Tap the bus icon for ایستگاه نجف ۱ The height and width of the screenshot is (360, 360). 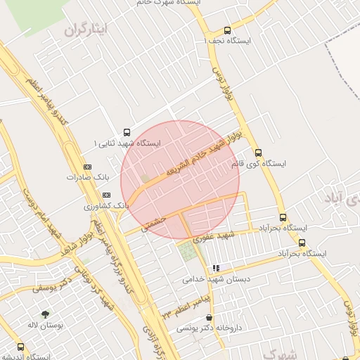pyautogui.click(x=226, y=30)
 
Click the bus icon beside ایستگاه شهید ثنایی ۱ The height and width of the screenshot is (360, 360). pyautogui.click(x=127, y=131)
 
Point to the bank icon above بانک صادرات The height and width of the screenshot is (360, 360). pyautogui.click(x=87, y=167)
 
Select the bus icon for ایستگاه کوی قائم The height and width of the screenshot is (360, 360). pyautogui.click(x=258, y=152)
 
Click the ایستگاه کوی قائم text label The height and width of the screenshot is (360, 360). pyautogui.click(x=258, y=164)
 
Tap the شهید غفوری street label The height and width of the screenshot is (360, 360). pyautogui.click(x=225, y=233)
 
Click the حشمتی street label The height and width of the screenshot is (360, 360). pyautogui.click(x=153, y=222)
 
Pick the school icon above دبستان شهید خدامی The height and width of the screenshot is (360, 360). pyautogui.click(x=216, y=268)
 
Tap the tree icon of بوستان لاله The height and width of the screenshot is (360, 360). pyautogui.click(x=46, y=314)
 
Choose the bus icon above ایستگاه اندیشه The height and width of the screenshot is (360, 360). pyautogui.click(x=20, y=347)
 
